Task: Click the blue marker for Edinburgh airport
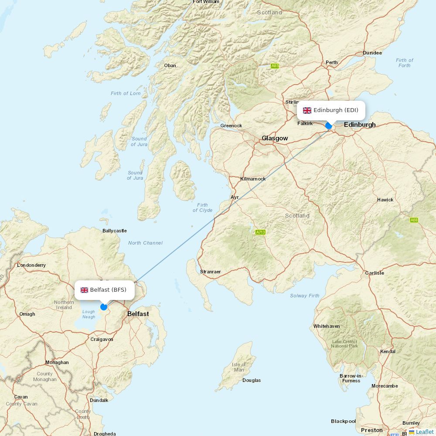click(x=329, y=126)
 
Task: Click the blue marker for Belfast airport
click(x=104, y=307)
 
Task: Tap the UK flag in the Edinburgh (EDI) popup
click(x=307, y=110)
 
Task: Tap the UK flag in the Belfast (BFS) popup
click(x=84, y=290)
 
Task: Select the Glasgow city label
click(x=275, y=138)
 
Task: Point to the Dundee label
click(x=372, y=53)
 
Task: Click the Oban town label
click(x=170, y=66)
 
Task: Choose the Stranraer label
click(x=210, y=272)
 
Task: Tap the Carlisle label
click(x=375, y=273)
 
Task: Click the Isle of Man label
click(x=238, y=367)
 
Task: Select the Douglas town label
click(x=252, y=380)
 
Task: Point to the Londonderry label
click(x=31, y=265)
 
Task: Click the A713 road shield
click(x=260, y=232)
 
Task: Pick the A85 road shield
click(x=275, y=66)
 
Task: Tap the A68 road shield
click(x=414, y=220)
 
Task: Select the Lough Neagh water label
click(x=89, y=314)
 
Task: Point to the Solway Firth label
click(x=305, y=296)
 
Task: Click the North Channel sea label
click(x=145, y=243)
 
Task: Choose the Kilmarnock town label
click(x=253, y=179)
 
